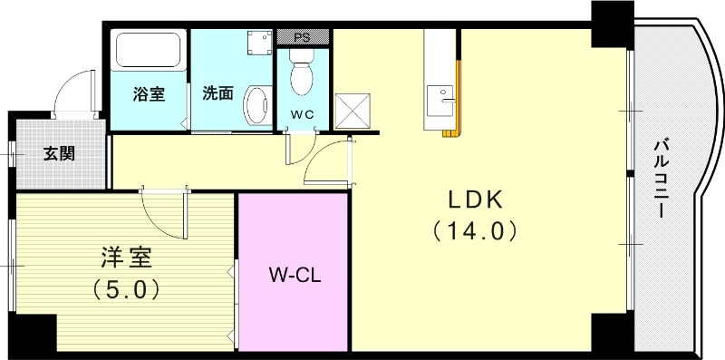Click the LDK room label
473,200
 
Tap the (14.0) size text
474,230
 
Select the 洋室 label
127,257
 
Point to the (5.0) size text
127,289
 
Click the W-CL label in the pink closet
293,273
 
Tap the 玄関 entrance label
59,151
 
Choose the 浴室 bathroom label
149,92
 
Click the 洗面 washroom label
218,92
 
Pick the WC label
302,114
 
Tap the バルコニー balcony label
662,178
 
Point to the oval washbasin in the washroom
256,103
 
